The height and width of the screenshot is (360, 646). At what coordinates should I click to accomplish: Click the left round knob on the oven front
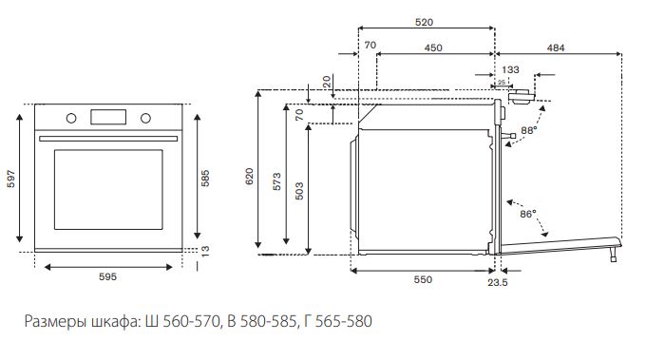71,118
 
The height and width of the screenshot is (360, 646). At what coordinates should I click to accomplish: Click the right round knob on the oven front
145,118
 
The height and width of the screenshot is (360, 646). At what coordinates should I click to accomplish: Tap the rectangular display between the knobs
108,117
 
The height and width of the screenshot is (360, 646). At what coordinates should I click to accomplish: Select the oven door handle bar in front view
108,139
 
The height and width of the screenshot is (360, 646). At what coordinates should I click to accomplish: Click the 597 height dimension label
11,179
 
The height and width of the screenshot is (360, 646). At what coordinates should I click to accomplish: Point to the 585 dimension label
205,179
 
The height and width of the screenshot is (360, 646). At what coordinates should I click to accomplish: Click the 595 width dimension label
107,276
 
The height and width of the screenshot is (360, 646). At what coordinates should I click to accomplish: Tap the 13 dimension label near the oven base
205,251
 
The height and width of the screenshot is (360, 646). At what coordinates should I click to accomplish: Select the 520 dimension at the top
425,22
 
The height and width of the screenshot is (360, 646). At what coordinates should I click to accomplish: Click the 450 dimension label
433,47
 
